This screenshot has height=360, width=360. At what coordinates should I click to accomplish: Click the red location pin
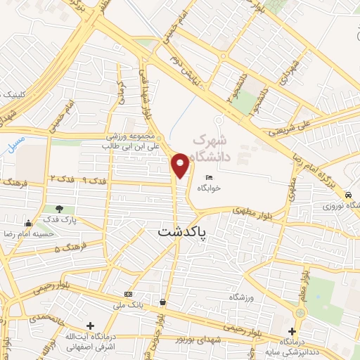click(181, 164)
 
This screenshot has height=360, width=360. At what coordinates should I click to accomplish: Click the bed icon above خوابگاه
click(209, 176)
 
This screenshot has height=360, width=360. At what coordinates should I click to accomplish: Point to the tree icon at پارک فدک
click(60, 209)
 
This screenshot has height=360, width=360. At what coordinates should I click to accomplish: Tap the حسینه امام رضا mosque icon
click(28, 223)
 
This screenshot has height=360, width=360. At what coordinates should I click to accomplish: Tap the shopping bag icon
click(162, 302)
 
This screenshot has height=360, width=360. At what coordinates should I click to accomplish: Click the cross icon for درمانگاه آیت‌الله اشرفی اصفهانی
click(90, 326)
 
